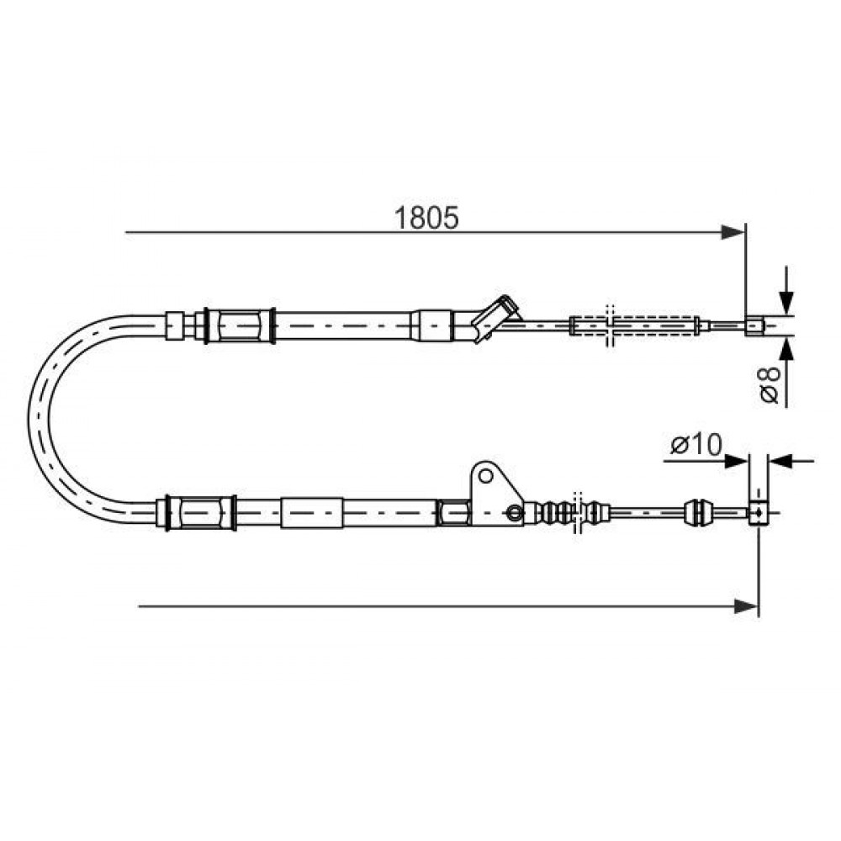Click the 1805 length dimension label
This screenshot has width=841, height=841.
(x=426, y=217)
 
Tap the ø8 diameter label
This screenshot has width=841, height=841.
(x=770, y=384)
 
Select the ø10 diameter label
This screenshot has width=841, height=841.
(x=696, y=445)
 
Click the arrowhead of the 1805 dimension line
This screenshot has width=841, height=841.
(x=733, y=232)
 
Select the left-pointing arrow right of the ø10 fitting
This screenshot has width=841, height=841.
(x=791, y=461)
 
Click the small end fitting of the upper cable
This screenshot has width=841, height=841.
(x=754, y=325)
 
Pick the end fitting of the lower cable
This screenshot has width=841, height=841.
(x=757, y=513)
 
